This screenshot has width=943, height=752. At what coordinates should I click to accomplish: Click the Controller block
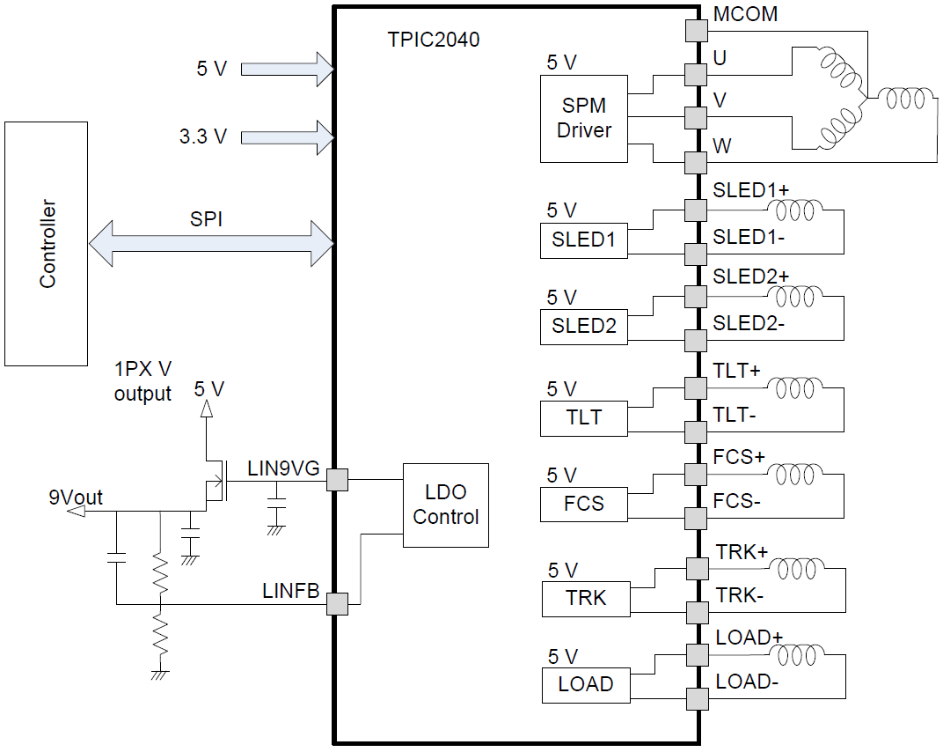pos(46,244)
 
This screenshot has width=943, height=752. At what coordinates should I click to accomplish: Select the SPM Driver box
pos(583,118)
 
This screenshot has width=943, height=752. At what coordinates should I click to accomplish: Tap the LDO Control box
pos(445,505)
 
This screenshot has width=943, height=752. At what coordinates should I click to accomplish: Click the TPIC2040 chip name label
pos(434,40)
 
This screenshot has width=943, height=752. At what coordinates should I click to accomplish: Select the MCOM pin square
pos(696,30)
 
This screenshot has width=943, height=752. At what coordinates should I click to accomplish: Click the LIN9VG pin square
pos(337,479)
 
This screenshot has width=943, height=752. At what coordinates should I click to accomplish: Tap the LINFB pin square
pos(337,604)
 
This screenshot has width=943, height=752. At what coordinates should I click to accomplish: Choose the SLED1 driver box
pos(583,240)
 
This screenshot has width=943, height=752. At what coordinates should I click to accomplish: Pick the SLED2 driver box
pos(583,326)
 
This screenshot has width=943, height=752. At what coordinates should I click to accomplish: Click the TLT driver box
pos(583,417)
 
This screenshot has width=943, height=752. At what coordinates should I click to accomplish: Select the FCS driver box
pos(583,504)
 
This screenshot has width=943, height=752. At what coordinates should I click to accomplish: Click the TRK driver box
pos(586,598)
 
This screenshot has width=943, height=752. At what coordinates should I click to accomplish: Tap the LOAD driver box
pos(586,684)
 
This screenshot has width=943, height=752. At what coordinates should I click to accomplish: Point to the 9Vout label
pos(76,498)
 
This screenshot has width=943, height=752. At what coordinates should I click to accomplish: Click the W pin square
pos(696,163)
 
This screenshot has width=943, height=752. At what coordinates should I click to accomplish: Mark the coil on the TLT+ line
pos(797,388)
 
